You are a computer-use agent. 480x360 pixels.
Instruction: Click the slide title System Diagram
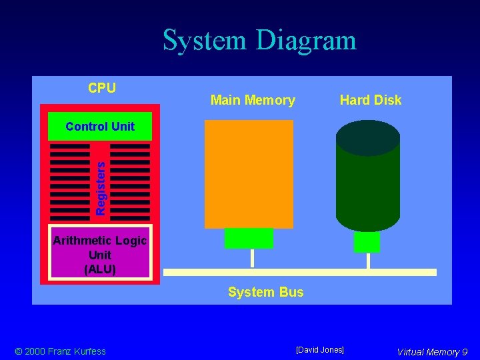pos(259,40)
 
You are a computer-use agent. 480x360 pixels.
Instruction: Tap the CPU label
pos(102,88)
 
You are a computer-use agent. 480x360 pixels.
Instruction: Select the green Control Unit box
pos(100,126)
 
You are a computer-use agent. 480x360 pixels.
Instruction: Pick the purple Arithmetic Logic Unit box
pos(100,255)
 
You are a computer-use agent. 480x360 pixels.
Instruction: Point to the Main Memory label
pos(253,100)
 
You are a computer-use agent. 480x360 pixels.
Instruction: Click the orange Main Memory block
pos(249,174)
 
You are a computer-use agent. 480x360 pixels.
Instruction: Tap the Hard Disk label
pos(371,100)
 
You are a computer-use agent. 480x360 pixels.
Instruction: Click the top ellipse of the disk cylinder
pos(367,137)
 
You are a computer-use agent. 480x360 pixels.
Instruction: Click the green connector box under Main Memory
pos(249,238)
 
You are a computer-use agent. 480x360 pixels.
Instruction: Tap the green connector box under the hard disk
pos(367,242)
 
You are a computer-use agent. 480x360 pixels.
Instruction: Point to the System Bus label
pos(265,292)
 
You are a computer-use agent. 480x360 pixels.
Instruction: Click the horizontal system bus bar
pos(299,272)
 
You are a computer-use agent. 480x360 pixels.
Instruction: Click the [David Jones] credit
pos(320,350)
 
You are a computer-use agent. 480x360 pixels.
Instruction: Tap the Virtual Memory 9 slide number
pos(432,352)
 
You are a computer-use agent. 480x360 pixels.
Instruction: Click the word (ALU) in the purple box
pos(100,269)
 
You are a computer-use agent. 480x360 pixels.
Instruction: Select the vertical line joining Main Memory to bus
pos(252,259)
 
